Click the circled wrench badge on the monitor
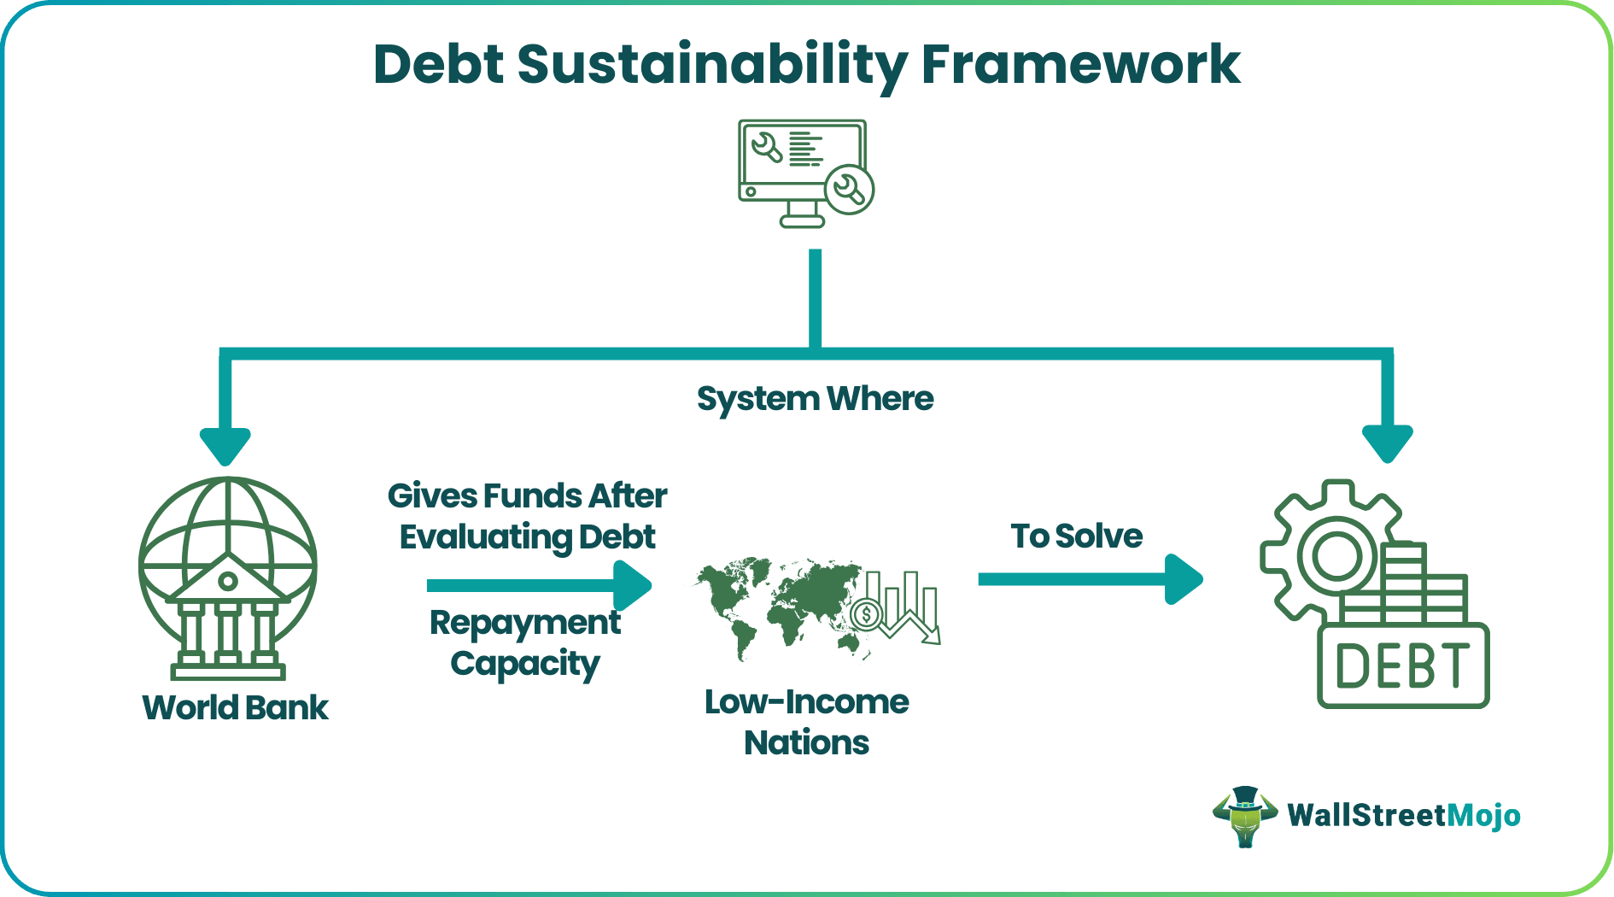849,189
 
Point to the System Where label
815,399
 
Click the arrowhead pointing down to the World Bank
225,445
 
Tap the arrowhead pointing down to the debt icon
1387,443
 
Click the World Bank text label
235,707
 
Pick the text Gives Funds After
527,496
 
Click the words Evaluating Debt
527,537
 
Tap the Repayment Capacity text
525,642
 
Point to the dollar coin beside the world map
867,613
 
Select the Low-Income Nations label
806,722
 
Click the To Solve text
1076,536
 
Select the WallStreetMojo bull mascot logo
1245,816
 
